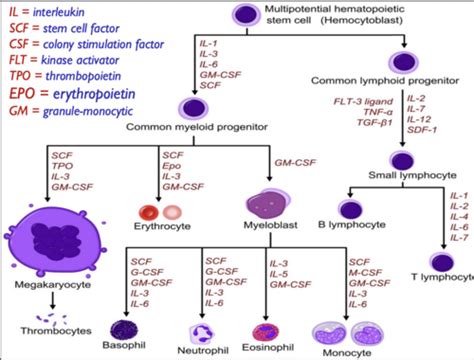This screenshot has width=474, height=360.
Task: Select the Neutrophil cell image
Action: (205, 330)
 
